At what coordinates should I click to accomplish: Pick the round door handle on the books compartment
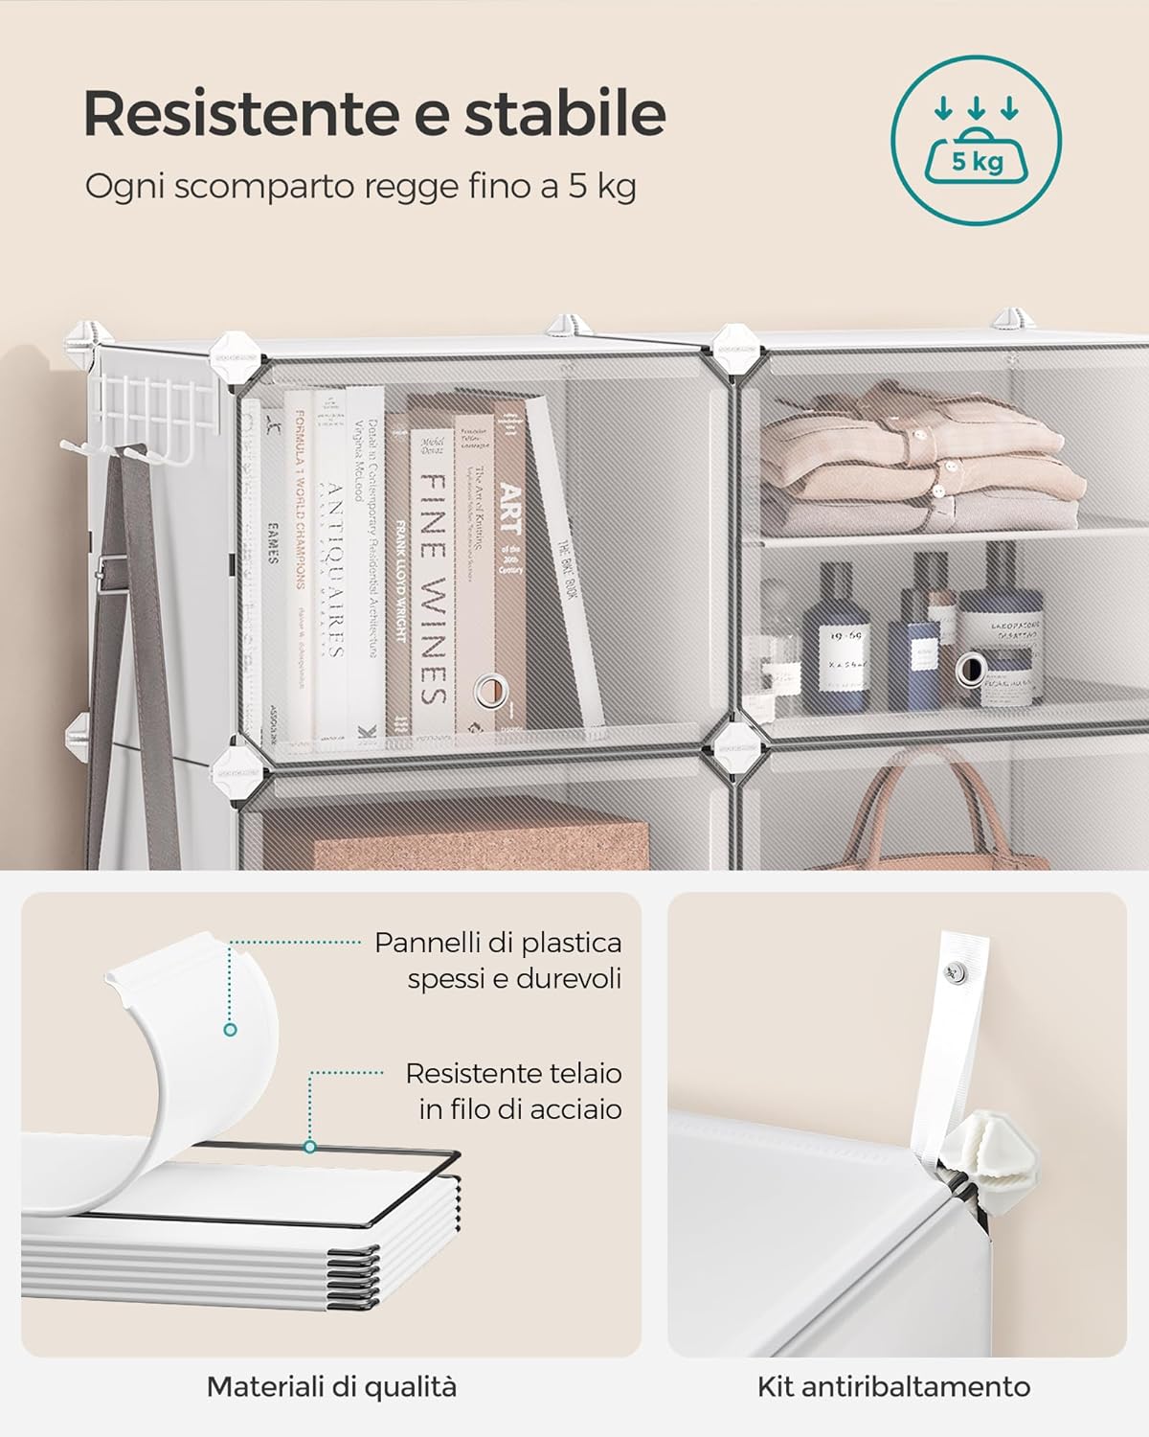click(x=494, y=688)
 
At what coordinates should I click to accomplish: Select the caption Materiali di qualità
click(x=331, y=1385)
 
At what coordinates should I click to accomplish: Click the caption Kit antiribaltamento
click(x=893, y=1385)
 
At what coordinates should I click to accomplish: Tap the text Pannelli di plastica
click(x=498, y=943)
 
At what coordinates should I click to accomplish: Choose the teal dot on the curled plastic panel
click(x=230, y=1030)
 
